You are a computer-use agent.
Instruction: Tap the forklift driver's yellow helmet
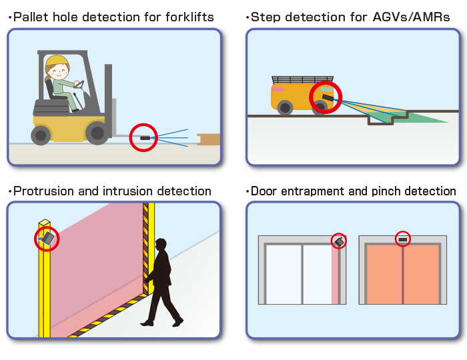[57, 61]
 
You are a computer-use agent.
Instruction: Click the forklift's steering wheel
[79, 85]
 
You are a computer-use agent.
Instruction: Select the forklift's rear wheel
[41, 135]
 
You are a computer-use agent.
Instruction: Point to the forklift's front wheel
[97, 133]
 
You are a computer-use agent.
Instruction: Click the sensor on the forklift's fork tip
[145, 138]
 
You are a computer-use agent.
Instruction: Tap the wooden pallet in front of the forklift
[209, 139]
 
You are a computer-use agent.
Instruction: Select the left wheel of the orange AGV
[285, 107]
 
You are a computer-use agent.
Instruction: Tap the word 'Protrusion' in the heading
[43, 191]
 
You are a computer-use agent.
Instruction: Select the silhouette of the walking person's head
[161, 245]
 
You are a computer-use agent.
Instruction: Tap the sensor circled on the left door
[340, 241]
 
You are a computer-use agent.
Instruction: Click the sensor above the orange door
[402, 238]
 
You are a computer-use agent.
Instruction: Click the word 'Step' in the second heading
[266, 16]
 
